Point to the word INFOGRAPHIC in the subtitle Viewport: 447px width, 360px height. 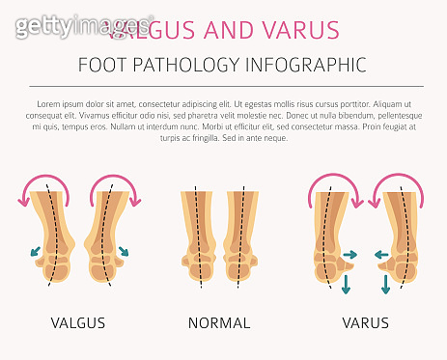coord(308,66)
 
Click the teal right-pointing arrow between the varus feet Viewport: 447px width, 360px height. coord(350,256)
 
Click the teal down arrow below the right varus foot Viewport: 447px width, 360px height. coord(386,283)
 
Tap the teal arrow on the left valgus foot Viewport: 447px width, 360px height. coord(38,252)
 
